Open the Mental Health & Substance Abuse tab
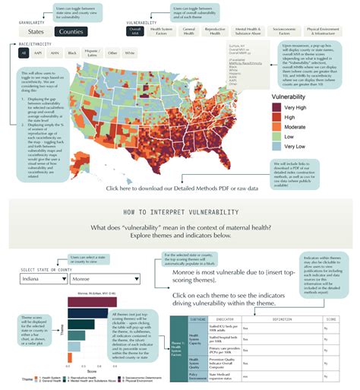(x=252, y=33)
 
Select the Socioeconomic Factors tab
(x=290, y=33)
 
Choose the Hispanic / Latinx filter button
(x=93, y=54)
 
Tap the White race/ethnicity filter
(x=131, y=54)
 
